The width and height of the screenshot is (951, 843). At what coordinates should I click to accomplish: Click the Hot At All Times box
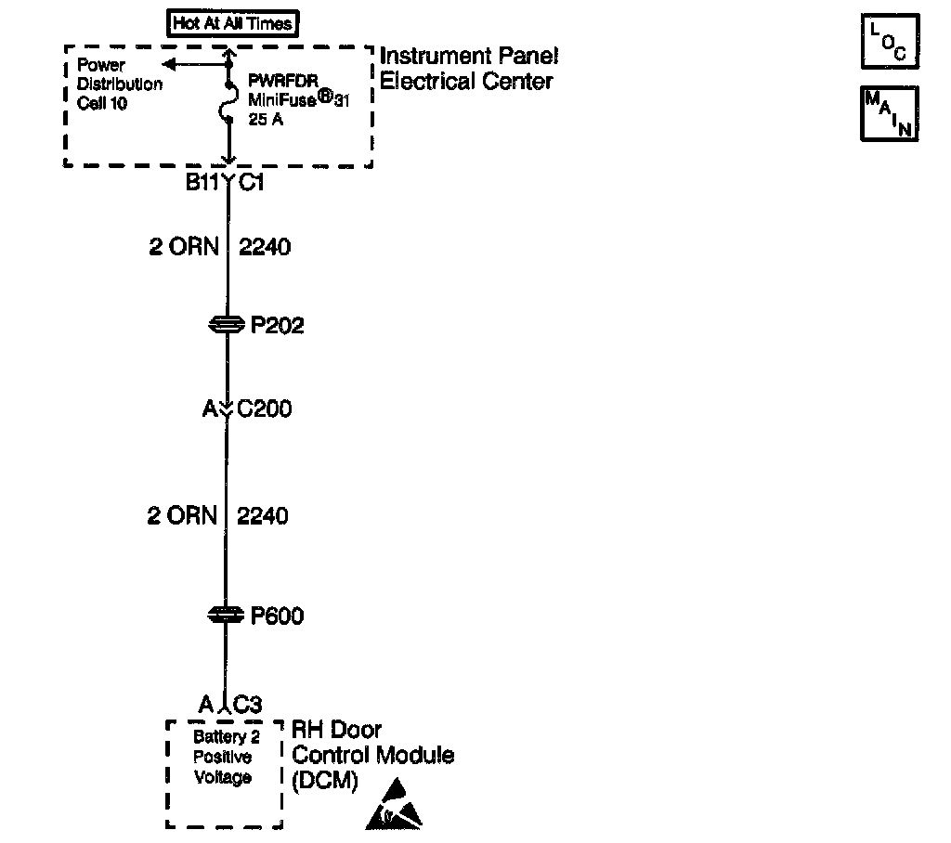233,24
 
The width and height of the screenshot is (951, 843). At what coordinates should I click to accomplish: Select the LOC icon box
890,42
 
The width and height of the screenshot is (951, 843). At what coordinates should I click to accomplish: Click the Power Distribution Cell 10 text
119,84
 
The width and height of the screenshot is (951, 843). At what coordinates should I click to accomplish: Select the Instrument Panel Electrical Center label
468,69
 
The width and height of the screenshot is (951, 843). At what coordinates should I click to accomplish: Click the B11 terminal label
202,183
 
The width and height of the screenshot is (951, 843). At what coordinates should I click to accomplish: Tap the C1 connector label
252,183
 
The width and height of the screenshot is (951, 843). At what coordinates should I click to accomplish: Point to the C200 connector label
265,409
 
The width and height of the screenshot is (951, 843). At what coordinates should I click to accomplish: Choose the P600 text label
278,616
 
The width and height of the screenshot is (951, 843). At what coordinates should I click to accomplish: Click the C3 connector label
248,705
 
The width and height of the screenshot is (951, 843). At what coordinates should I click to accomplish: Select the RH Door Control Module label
373,754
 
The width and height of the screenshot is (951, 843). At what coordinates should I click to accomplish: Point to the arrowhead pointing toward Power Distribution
169,64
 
